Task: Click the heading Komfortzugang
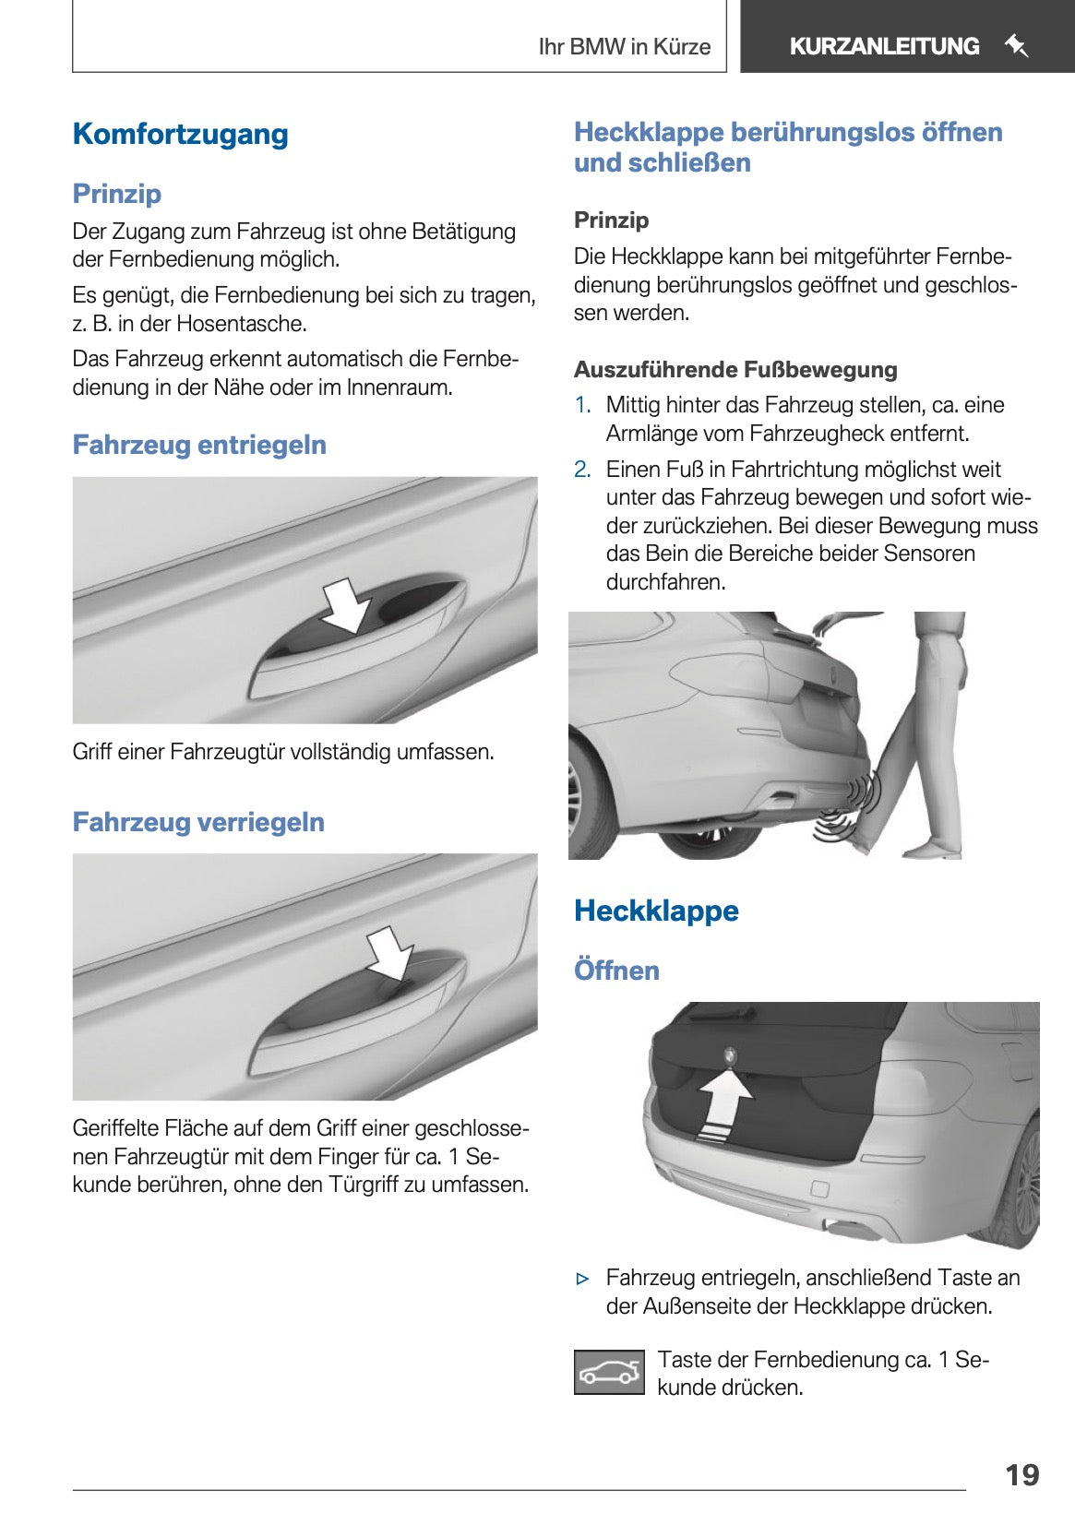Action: click(180, 134)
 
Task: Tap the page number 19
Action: click(1021, 1474)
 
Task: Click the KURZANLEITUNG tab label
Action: click(883, 46)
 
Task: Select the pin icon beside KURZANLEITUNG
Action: click(1016, 45)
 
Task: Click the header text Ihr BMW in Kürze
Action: click(624, 47)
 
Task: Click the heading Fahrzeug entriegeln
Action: click(199, 445)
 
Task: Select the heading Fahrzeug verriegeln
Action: click(198, 822)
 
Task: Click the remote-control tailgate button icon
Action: click(609, 1373)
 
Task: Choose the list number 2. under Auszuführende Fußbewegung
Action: click(582, 470)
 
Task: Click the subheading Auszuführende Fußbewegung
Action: click(735, 370)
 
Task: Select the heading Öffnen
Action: click(616, 971)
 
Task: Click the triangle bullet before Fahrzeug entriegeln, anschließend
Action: click(582, 1279)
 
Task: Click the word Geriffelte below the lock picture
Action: click(115, 1128)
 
